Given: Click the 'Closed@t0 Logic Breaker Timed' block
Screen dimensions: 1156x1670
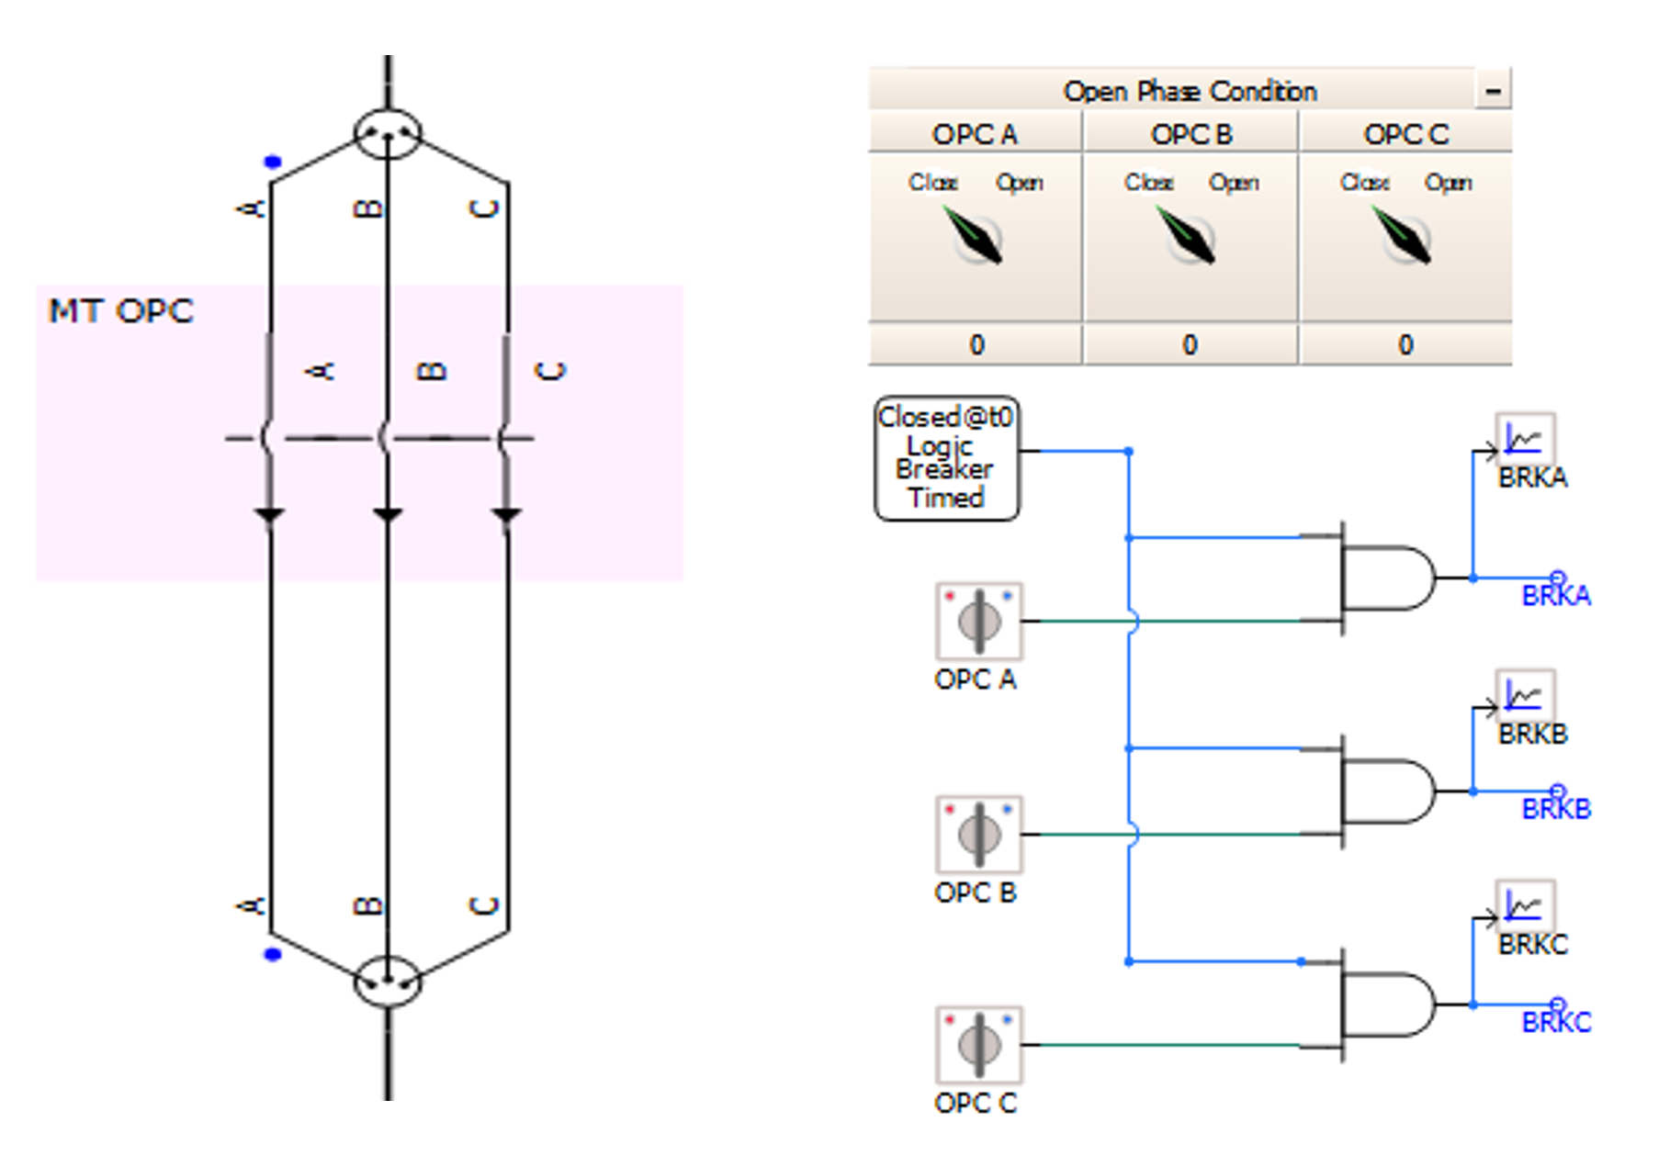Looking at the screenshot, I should point(946,458).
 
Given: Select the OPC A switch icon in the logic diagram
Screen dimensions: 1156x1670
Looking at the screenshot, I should point(978,622).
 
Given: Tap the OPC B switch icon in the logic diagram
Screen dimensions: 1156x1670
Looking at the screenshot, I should point(978,835).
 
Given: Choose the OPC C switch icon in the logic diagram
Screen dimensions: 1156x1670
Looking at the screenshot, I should point(978,1045).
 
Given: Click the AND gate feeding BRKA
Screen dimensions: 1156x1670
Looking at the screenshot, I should point(1385,578).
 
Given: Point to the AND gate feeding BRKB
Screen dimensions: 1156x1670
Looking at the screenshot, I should point(1385,791).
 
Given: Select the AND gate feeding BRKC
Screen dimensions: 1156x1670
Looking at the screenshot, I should point(1385,1004).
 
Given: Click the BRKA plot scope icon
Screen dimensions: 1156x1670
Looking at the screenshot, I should point(1525,439).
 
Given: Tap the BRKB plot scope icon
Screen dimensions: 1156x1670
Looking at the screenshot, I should point(1525,695).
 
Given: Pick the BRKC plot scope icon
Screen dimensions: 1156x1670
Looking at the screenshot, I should point(1525,905).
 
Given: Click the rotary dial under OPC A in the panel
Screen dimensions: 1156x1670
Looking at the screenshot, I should point(976,238).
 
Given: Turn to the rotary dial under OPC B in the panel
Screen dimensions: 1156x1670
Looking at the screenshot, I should point(1190,238).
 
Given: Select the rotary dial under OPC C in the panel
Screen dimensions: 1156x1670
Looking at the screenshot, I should point(1405,238).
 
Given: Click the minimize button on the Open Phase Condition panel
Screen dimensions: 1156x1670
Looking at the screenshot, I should point(1493,91).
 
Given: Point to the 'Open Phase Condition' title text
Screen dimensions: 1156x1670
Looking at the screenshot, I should point(1190,91).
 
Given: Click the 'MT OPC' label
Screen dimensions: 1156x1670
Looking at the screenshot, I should point(120,311).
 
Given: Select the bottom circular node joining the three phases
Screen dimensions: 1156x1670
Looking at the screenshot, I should point(388,981).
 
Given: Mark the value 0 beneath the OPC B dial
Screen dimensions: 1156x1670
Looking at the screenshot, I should point(1190,345).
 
